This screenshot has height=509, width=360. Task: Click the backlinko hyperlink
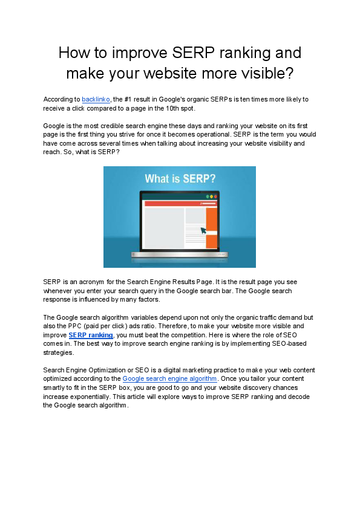(x=96, y=99)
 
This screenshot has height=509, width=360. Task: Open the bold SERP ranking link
(x=91, y=335)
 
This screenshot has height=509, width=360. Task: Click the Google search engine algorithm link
(x=169, y=378)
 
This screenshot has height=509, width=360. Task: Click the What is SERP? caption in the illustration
(x=180, y=180)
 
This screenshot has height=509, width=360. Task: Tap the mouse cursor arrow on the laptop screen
(x=203, y=230)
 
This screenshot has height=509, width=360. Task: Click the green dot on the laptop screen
(x=208, y=196)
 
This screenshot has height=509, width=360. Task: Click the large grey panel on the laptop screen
(x=164, y=227)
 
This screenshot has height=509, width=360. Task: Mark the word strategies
(x=58, y=352)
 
